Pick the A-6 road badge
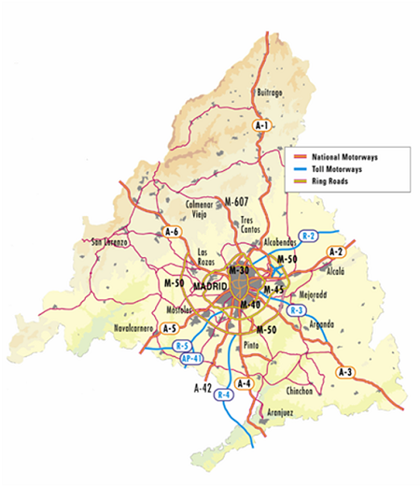pos(172,232)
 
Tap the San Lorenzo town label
pos(109,243)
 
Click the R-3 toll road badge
pos(298,309)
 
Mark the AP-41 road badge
pos(191,358)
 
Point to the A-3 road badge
pos(346,373)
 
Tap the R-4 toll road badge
pos(223,394)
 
